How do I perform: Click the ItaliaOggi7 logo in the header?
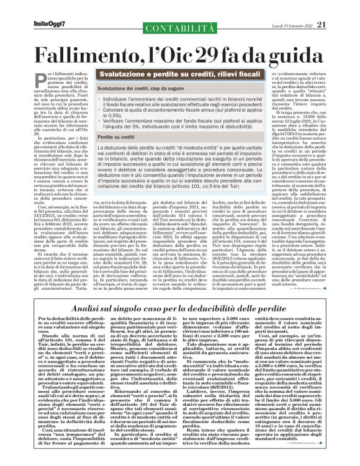32,8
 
